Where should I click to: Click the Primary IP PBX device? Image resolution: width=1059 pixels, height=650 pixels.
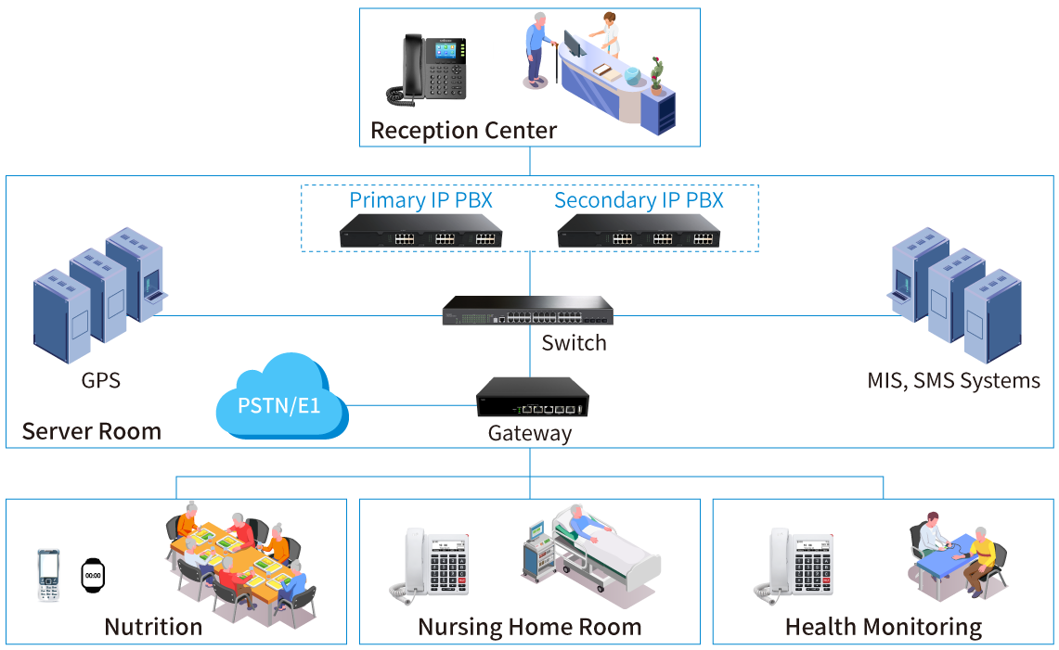coord(420,232)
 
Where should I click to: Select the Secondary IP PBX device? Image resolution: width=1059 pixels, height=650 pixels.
coord(639,232)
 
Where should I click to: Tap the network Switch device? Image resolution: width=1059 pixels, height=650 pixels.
coord(528,310)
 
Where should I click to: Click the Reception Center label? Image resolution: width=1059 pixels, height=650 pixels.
coord(463,131)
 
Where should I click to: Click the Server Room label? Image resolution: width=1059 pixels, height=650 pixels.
coord(91,431)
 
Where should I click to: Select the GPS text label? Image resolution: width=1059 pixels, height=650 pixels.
coord(100,380)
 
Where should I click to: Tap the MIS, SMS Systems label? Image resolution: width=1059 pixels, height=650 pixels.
coord(953,380)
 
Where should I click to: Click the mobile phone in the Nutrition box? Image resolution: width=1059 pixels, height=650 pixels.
coord(48,575)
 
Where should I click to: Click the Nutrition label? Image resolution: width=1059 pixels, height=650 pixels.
coord(153,627)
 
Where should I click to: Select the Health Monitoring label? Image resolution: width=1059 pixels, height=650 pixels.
coord(883,627)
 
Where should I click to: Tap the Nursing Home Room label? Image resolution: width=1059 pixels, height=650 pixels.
coord(529,627)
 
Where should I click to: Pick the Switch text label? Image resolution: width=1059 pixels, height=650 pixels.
coord(574,343)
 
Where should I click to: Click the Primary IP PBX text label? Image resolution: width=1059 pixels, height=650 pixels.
coord(420,200)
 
